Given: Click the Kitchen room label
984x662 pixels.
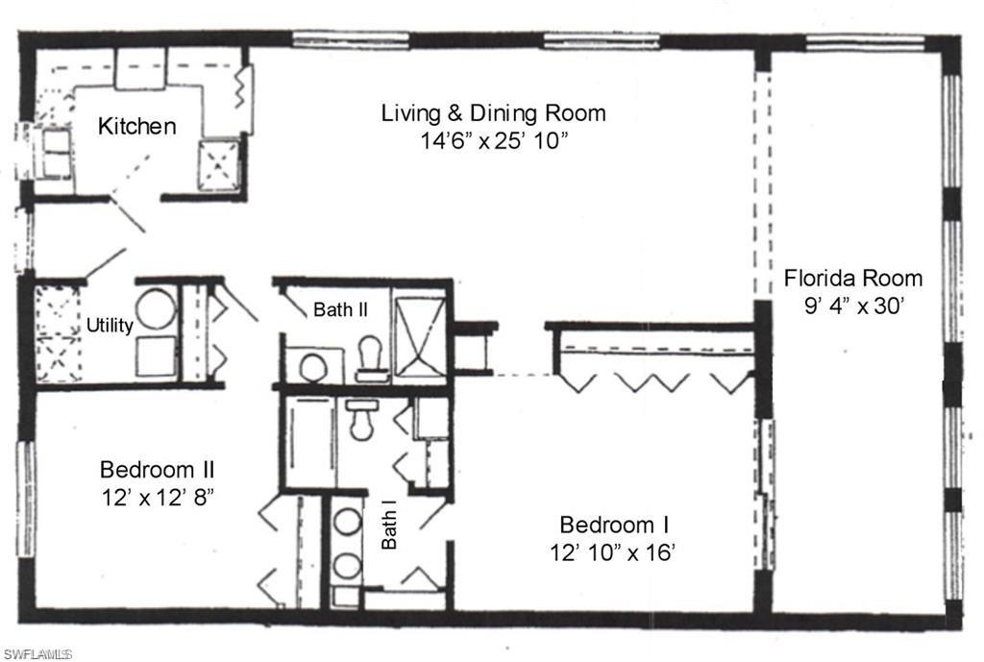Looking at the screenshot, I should (137, 126).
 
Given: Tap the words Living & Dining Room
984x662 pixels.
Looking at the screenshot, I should (493, 112).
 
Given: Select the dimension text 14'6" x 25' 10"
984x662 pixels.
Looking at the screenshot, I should (493, 140).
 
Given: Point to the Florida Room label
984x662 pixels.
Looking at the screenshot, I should (853, 279).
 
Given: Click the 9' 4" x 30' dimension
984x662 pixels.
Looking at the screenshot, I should (853, 307).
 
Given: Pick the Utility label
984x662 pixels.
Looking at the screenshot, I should (110, 326).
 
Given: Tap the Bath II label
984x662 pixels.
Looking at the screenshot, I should (337, 309).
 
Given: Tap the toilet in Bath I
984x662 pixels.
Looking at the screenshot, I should (362, 419).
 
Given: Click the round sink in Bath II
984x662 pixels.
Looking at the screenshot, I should (312, 367).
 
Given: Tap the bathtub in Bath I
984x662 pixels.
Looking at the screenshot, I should (307, 442).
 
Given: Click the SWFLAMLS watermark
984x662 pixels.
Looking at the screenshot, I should (37, 654).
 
